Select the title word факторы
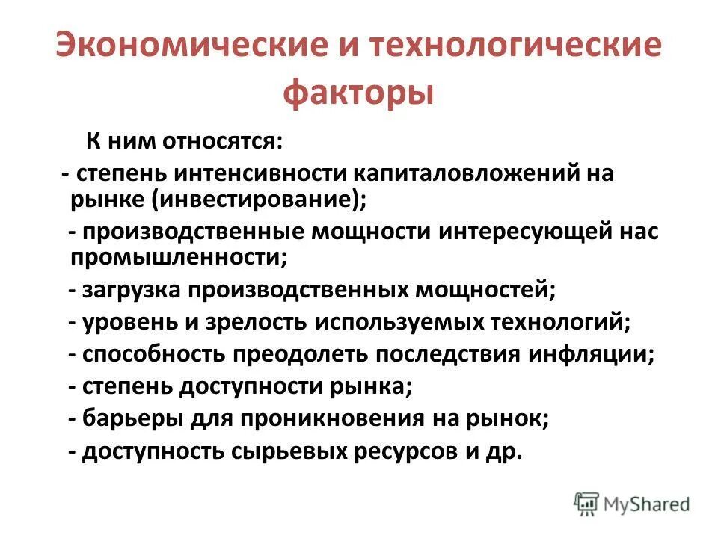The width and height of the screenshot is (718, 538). click(358, 95)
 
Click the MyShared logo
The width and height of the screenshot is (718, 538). click(632, 504)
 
